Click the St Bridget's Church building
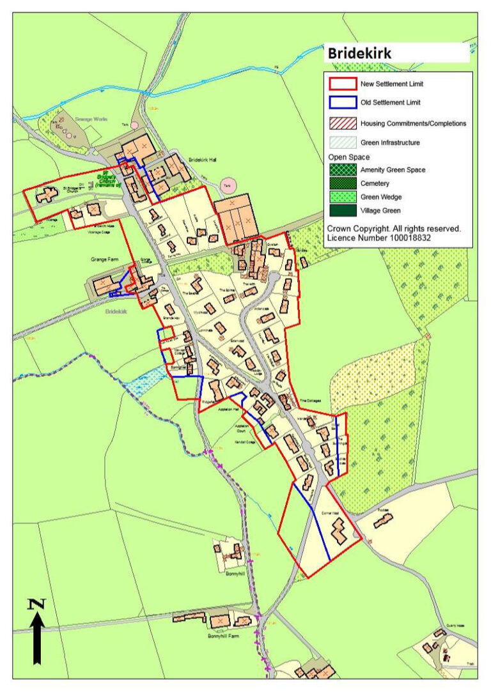click(x=46, y=196)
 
